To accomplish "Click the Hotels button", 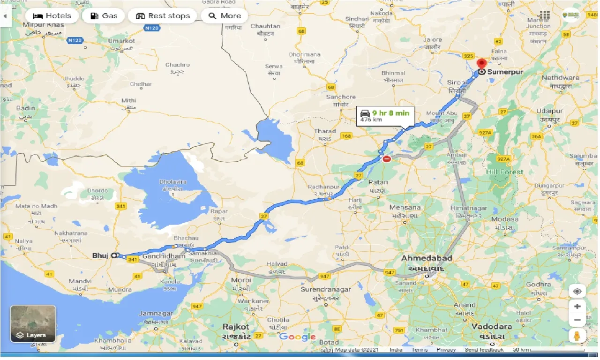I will click(52, 16).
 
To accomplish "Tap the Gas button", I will click(104, 16).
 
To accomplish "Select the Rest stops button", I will click(163, 16).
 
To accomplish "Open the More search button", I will click(225, 16).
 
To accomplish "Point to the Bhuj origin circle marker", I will click(114, 255).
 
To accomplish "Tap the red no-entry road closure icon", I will click(387, 159).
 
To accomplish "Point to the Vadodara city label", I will click(492, 326).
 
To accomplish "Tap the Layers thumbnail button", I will click(33, 323).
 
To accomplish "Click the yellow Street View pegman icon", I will click(577, 336).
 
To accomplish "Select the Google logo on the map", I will click(298, 337).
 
